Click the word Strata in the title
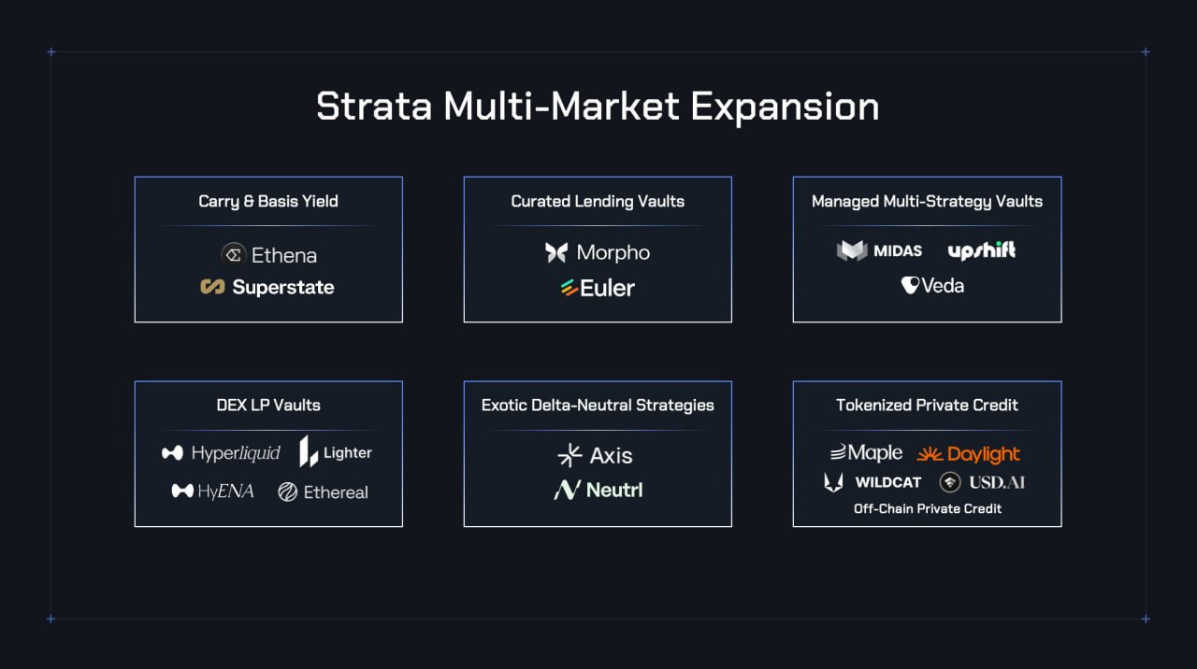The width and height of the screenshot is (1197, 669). tap(374, 107)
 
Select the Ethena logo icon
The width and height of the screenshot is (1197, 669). tap(234, 255)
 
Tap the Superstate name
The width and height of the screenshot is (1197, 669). tap(283, 288)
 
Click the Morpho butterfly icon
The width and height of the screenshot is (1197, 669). tap(556, 252)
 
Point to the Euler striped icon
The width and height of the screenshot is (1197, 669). tap(570, 288)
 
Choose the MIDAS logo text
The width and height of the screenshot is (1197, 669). tap(898, 251)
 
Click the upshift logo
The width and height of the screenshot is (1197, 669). tap(982, 250)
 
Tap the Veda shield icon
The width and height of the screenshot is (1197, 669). tap(910, 285)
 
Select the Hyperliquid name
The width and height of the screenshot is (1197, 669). tap(236, 453)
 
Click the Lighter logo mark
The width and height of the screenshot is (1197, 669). tap(309, 451)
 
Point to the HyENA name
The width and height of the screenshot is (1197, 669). tap(225, 491)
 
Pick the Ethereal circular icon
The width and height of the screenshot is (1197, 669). tap(287, 491)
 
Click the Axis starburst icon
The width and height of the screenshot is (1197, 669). tap(570, 455)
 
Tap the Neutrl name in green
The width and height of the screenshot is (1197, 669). tap(614, 490)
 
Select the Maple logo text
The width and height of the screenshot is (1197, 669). tap(874, 453)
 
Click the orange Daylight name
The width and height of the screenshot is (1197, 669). tap(983, 454)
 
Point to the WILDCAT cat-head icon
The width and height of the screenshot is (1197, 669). tap(833, 483)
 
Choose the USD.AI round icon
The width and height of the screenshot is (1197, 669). tap(949, 483)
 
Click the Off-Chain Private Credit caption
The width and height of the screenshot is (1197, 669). tap(927, 509)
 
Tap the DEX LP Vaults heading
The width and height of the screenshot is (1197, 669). tap(268, 406)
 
